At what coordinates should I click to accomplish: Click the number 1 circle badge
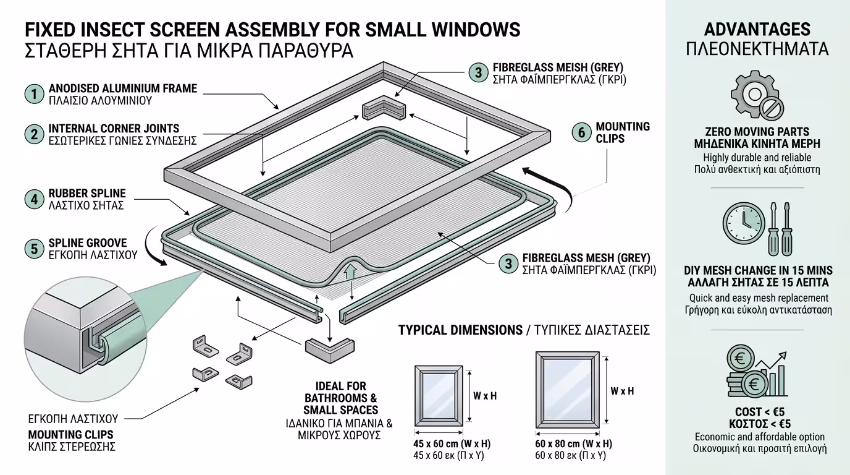tap(34, 94)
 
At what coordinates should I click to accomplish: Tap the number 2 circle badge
tap(34, 134)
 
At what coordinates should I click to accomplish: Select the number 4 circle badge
tap(34, 199)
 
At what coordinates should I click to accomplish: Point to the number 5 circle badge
tap(34, 249)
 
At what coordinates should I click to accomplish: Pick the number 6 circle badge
tap(581, 132)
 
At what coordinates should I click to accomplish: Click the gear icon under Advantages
tap(752, 95)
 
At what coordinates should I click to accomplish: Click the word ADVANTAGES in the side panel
tap(757, 29)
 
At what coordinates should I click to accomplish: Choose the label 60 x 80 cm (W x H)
tap(573, 444)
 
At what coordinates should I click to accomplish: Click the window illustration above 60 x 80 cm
tap(567, 390)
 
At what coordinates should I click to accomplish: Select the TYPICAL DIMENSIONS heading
tap(460, 330)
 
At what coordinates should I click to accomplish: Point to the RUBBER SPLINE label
tap(87, 194)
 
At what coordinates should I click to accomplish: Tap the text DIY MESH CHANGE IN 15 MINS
tap(758, 270)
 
